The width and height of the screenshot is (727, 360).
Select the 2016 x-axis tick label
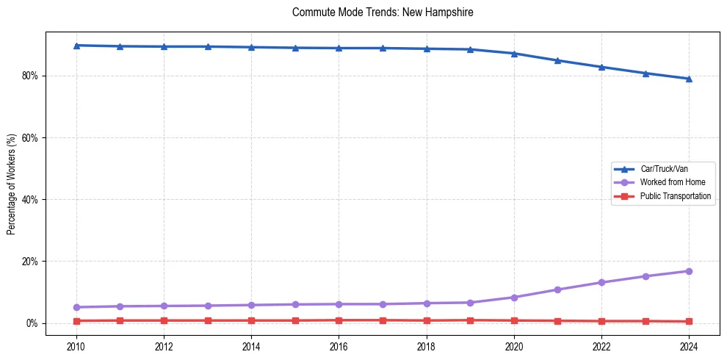click(x=339, y=346)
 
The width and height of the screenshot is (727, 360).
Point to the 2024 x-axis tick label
click(x=689, y=346)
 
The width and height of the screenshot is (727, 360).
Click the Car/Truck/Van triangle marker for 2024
click(x=689, y=79)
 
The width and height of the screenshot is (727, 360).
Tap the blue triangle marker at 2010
click(x=76, y=46)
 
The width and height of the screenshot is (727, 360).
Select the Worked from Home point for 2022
click(x=601, y=282)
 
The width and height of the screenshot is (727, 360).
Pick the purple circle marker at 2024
click(x=689, y=271)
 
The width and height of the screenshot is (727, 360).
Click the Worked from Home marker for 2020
click(x=514, y=298)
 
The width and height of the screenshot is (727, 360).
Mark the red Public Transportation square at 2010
click(x=76, y=321)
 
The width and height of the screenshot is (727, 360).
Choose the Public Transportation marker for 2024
click(x=689, y=322)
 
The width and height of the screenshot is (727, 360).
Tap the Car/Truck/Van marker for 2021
click(x=557, y=60)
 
